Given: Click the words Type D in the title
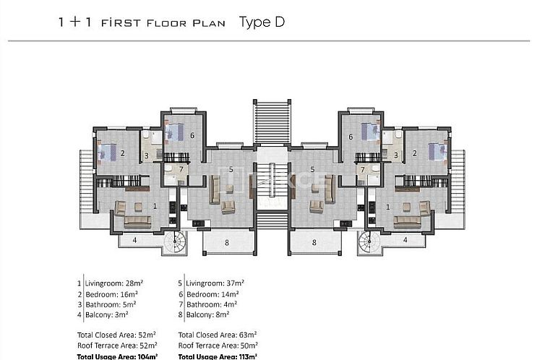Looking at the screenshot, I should pos(262,22).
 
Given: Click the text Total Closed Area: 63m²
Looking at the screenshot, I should pos(218,335).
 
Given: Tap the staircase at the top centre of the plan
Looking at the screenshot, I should pos(272,122).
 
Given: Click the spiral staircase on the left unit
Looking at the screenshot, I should pos(176,242).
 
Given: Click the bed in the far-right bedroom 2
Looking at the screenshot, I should pos(436,152).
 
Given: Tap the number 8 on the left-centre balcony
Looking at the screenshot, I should pos(226,243).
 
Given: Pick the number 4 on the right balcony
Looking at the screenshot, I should pos(405,239).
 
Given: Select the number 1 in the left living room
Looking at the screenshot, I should pos(155,206).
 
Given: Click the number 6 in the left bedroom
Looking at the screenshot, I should pos(192,135).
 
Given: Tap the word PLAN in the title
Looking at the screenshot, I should pos(209,22).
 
